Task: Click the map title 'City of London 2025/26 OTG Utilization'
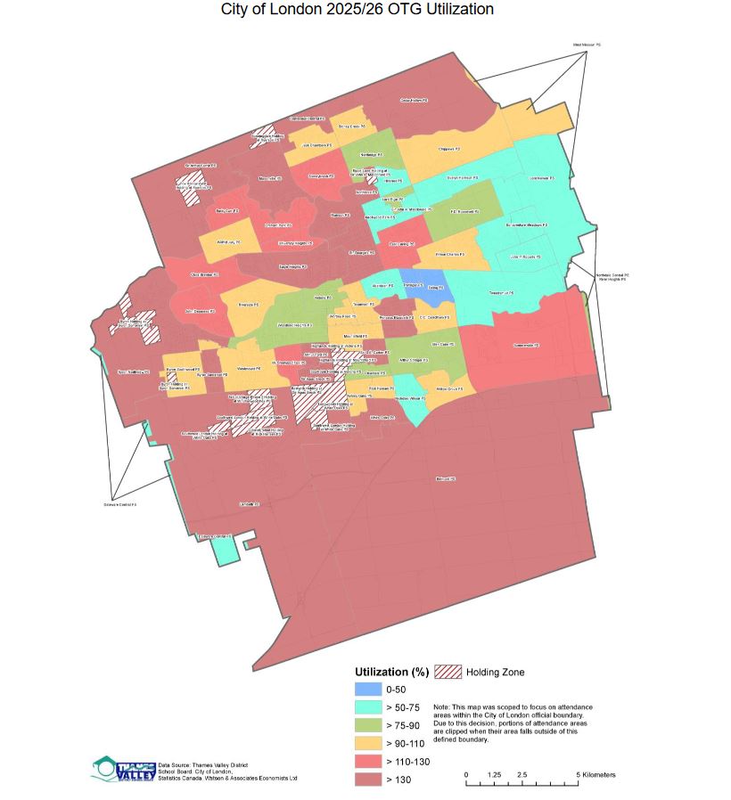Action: (357, 9)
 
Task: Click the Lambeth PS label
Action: (248, 504)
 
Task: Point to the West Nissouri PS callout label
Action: (587, 44)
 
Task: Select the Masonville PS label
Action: (268, 179)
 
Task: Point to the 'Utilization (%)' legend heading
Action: (392, 671)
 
